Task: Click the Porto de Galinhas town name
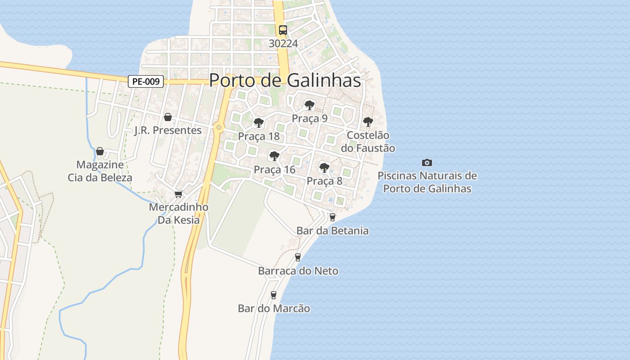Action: point(285,80)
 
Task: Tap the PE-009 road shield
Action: point(145,81)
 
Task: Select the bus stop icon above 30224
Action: point(283,30)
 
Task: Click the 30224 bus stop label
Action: point(283,43)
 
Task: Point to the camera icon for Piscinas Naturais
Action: point(427,162)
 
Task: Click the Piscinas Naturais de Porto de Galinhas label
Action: point(427,182)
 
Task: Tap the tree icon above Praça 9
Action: point(309,105)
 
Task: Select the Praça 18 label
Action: point(259,136)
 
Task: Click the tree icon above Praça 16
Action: point(274,156)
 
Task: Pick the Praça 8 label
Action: point(324,181)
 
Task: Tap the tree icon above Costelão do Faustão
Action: point(368,122)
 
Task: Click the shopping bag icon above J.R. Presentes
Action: point(168,117)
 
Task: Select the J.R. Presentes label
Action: point(168,130)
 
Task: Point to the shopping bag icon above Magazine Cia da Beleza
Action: point(100,151)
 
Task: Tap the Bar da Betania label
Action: point(333,231)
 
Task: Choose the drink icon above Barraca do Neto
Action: point(297,257)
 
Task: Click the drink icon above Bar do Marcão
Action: point(273,295)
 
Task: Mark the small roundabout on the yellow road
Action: point(219,127)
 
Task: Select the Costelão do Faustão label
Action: point(368,142)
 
